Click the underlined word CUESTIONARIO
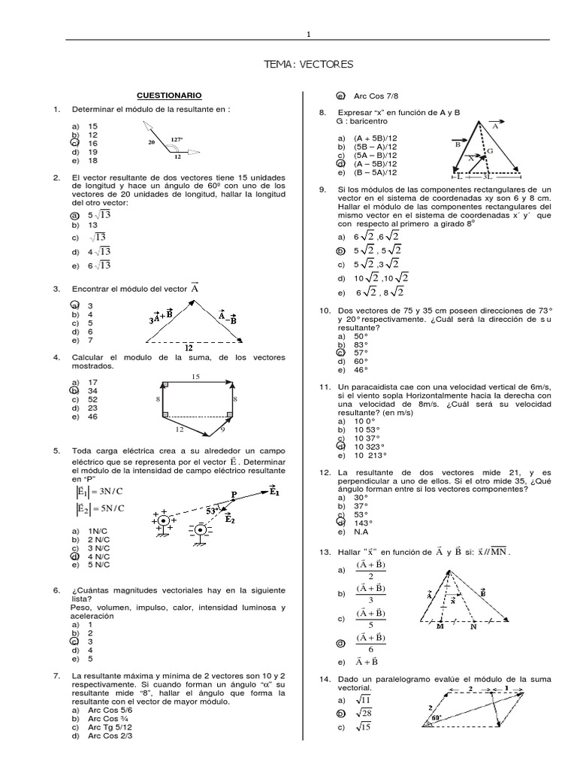pyautogui.click(x=169, y=95)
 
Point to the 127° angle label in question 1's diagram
pyautogui.click(x=177, y=139)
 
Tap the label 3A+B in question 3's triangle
pyautogui.click(x=161, y=316)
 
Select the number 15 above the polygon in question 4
pyautogui.click(x=195, y=375)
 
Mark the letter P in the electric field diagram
pyautogui.click(x=234, y=494)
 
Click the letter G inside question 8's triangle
pyautogui.click(x=489, y=150)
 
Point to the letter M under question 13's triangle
pyautogui.click(x=437, y=626)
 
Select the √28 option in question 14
pyautogui.click(x=363, y=713)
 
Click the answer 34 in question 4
pyautogui.click(x=93, y=391)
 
